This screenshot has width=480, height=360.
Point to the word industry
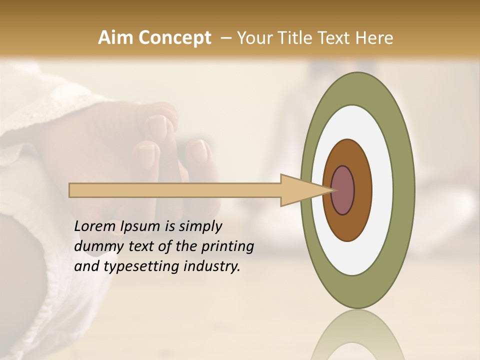(x=211, y=266)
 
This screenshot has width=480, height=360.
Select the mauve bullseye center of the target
(x=343, y=190)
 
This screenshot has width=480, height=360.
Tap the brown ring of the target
(x=362, y=190)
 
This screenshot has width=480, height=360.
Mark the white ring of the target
(x=382, y=190)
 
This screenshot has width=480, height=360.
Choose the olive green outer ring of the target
(x=405, y=190)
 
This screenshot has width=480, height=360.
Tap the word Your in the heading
(x=254, y=37)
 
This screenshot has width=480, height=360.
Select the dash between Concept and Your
(x=225, y=38)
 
